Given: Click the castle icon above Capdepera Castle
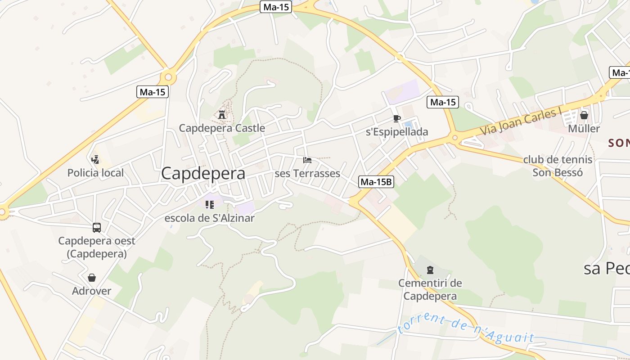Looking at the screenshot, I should click(221, 115).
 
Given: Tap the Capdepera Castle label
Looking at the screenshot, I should click(222, 128).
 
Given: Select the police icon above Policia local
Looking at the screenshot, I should click(95, 159).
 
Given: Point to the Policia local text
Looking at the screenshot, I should click(95, 173).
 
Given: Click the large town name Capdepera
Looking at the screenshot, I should click(203, 173).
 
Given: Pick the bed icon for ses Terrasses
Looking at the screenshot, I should click(307, 160).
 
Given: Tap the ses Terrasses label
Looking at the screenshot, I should click(307, 174).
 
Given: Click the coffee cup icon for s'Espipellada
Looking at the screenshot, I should click(396, 118).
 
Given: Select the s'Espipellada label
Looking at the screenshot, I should click(397, 132).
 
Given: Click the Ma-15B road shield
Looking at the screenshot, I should click(376, 182).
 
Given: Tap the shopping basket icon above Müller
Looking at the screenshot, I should click(584, 115).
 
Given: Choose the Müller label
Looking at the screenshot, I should click(584, 129).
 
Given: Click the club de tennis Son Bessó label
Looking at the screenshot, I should click(558, 166).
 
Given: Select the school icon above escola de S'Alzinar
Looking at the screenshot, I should click(209, 205).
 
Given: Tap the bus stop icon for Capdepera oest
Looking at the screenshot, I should click(97, 227).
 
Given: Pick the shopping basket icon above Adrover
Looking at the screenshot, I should click(92, 278).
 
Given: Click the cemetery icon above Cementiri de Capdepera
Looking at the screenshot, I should click(430, 270).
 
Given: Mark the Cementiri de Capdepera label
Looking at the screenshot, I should click(430, 289).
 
